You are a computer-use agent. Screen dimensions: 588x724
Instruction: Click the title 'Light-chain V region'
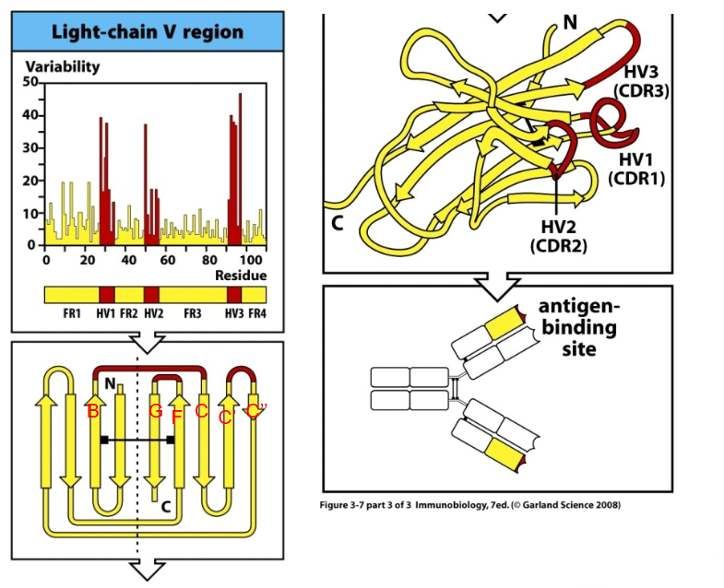148,31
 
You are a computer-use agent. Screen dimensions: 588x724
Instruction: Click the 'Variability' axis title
62,67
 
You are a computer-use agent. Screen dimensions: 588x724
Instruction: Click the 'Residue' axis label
242,276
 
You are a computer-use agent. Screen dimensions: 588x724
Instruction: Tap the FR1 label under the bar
73,313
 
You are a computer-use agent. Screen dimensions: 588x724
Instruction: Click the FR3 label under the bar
192,313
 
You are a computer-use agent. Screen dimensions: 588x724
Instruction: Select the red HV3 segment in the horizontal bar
234,295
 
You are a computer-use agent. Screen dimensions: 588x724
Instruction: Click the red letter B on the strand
92,413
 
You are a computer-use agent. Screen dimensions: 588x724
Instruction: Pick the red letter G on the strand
156,411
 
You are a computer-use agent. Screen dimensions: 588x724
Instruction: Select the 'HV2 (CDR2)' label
559,235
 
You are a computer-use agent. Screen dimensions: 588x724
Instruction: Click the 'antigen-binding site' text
577,328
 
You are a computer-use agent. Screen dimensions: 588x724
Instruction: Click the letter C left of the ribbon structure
338,223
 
